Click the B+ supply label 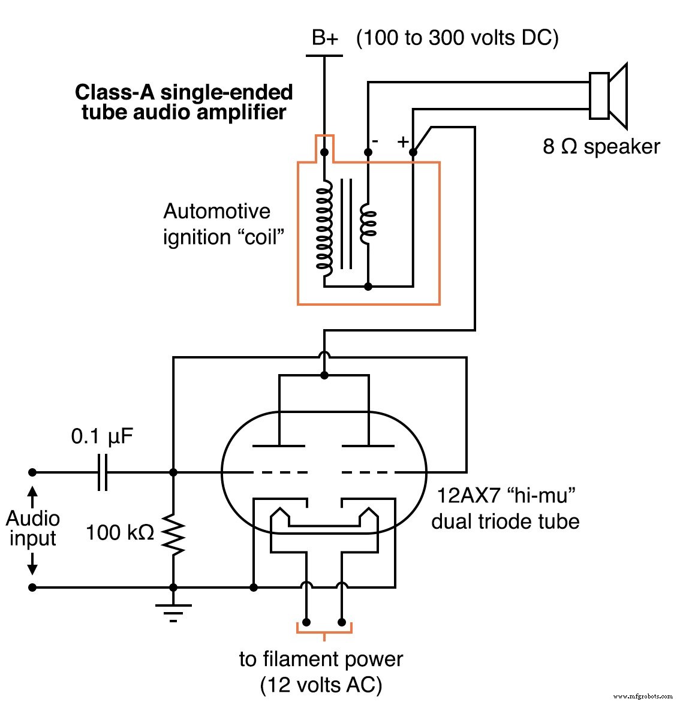tap(324, 38)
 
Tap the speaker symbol tap(607, 96)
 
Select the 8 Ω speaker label tap(601, 146)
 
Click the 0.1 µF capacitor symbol tap(103, 472)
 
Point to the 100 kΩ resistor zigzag tap(173, 534)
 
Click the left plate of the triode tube tap(279, 445)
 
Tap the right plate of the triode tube tap(368, 445)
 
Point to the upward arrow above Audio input tap(33, 498)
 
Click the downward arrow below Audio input tap(33, 564)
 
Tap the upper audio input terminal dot tap(33, 472)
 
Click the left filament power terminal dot tap(306, 622)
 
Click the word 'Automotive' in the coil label tap(216, 212)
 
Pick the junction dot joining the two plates tap(324, 375)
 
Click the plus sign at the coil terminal tap(403, 142)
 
